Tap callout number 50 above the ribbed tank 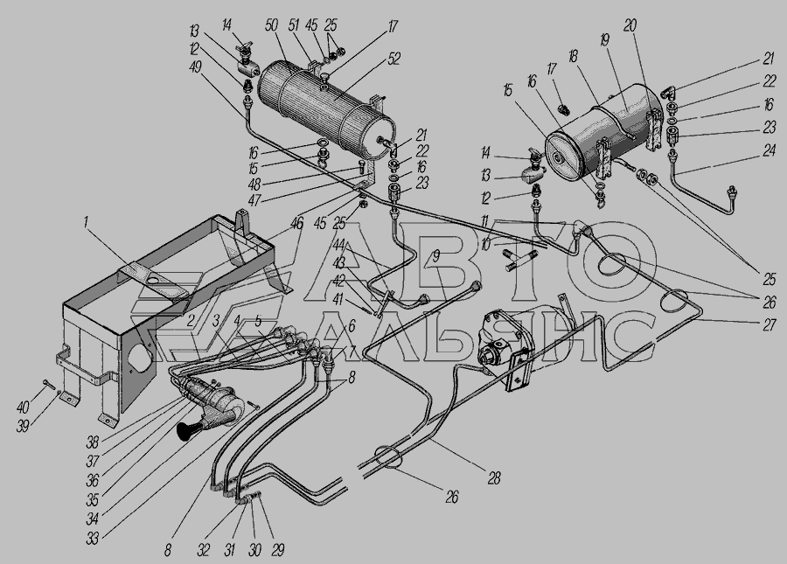(x=271, y=25)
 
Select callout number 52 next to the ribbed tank (x=394, y=59)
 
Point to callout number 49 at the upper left (x=196, y=66)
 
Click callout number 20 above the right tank (x=630, y=25)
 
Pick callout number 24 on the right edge (x=769, y=150)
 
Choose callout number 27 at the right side (x=770, y=324)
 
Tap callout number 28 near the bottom (x=494, y=477)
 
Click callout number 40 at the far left (x=23, y=407)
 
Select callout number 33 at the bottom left (x=93, y=539)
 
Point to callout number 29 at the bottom (x=277, y=550)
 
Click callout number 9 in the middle (x=435, y=257)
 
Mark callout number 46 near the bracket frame (x=297, y=224)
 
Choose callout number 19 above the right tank (x=604, y=39)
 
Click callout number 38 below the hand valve (x=93, y=442)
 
